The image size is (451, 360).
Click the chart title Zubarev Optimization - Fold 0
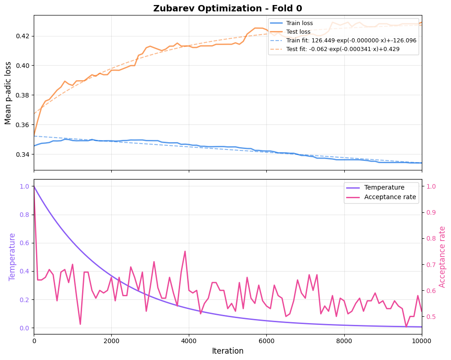tap(228, 8)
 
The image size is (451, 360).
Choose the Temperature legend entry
tap(384, 187)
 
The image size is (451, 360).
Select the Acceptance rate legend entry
tap(390, 197)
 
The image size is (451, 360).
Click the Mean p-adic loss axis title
tap(8, 93)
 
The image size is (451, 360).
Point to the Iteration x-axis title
tap(228, 351)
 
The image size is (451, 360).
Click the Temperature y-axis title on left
tap(12, 257)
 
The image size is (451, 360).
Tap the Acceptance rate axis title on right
tap(442, 257)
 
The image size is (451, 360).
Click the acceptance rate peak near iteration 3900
tap(185, 251)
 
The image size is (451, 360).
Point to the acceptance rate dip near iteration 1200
tap(80, 324)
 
